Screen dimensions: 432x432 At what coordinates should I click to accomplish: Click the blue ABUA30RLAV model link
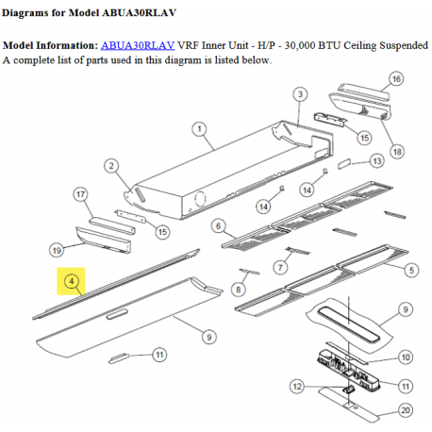138,45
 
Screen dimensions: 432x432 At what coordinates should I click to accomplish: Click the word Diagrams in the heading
25,13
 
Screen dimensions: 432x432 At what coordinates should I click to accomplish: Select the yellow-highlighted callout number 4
71,281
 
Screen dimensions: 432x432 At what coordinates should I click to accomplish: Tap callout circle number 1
199,129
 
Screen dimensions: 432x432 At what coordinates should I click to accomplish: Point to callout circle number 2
111,166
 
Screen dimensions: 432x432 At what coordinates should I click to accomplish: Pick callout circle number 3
300,94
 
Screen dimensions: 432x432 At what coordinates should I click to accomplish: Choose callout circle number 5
411,270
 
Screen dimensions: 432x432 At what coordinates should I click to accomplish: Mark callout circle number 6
219,226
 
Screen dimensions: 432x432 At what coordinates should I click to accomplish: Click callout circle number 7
280,268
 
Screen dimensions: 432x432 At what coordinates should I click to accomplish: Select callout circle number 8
239,290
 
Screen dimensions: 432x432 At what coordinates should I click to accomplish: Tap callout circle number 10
406,357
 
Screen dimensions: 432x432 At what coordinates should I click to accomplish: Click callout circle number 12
297,386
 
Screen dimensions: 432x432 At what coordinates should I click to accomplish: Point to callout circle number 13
377,161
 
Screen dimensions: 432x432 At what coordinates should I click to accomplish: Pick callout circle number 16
396,79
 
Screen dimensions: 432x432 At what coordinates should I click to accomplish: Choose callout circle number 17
80,194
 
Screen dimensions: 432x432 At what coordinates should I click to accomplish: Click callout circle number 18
397,152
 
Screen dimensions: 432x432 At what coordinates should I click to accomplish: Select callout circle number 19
57,251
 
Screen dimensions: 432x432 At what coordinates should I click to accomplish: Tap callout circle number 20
406,410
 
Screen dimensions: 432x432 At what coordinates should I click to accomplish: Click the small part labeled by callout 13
344,163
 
